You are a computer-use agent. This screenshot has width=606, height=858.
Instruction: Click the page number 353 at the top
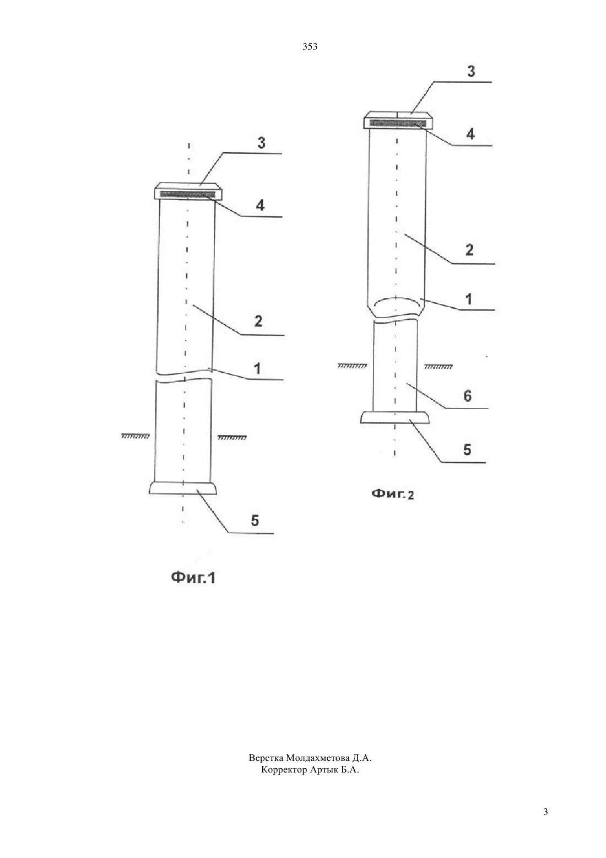click(310, 47)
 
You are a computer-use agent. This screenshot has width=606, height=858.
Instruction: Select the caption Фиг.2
click(392, 495)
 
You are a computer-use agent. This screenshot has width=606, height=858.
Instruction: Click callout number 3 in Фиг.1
click(261, 143)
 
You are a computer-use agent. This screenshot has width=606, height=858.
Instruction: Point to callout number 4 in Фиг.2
click(470, 133)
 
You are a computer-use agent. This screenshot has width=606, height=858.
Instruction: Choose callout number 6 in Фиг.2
click(468, 396)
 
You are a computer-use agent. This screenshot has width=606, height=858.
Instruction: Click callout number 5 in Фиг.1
click(255, 520)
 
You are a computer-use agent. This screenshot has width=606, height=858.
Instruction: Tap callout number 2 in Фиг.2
click(469, 250)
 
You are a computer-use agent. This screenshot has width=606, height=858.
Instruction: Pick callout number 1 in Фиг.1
click(257, 368)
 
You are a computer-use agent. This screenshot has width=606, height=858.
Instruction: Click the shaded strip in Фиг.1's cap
click(187, 194)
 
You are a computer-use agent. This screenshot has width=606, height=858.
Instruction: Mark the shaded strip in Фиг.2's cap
click(398, 124)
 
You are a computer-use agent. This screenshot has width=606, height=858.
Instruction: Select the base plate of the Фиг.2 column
click(394, 417)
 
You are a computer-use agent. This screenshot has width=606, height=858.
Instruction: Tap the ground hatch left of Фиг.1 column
click(135, 436)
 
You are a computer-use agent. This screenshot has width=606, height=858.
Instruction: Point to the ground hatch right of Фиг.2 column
click(438, 367)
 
